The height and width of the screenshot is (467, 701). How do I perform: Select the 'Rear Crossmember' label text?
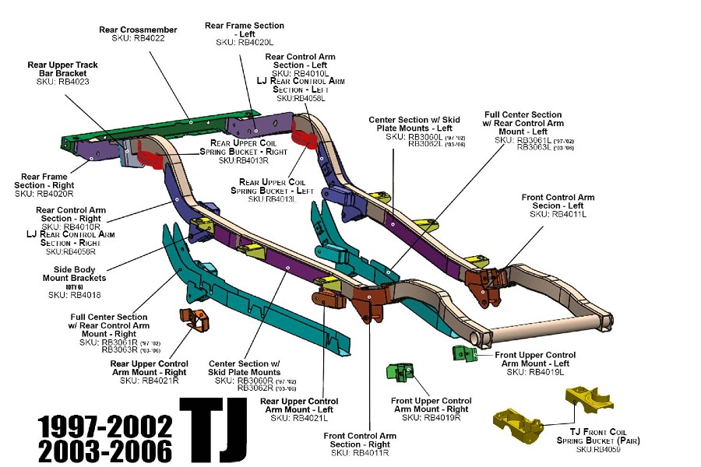[x=138, y=30]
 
